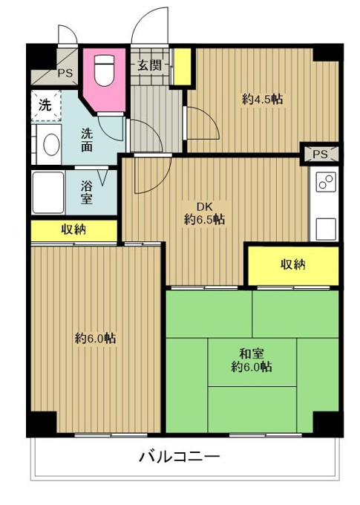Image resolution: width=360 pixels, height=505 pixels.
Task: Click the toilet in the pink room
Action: [x=105, y=71]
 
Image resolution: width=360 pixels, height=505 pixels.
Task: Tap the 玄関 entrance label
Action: [x=149, y=65]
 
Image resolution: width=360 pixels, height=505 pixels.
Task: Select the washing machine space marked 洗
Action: [x=46, y=105]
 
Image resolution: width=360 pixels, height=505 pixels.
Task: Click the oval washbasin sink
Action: [x=51, y=144]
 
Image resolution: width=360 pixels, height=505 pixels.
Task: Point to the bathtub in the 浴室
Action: [x=48, y=192]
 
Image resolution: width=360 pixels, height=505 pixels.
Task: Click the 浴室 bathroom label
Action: [x=87, y=192]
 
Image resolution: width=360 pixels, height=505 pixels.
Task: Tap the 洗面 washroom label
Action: [x=87, y=140]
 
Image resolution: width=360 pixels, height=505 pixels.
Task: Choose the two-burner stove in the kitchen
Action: [x=326, y=182]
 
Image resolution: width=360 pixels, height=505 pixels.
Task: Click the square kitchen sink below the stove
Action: [x=326, y=229]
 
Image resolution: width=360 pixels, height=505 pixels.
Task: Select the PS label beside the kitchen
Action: [x=320, y=154]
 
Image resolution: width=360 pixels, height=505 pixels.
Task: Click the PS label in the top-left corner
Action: [x=65, y=73]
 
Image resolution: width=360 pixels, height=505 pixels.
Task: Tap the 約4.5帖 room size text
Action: [x=263, y=100]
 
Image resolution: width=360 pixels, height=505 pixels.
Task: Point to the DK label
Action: [x=204, y=206]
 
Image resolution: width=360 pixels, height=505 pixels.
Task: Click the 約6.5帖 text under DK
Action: [x=204, y=220]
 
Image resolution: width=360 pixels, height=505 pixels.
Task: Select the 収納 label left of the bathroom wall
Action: [x=73, y=229]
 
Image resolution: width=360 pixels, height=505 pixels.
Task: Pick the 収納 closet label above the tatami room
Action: [x=293, y=264]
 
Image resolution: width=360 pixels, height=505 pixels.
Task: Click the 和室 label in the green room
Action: [x=252, y=354]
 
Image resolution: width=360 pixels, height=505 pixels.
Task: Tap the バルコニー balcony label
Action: [x=180, y=457]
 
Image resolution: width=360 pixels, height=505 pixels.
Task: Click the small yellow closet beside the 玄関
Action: [x=183, y=67]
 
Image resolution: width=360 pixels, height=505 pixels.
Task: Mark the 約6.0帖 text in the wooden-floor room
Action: [x=95, y=339]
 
